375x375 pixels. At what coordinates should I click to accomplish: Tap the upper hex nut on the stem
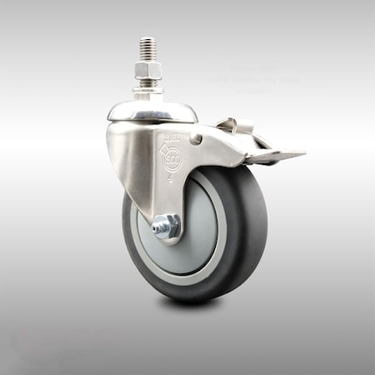(148, 66)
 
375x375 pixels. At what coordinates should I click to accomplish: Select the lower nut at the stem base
(148, 82)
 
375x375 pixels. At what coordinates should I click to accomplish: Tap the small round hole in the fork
(196, 140)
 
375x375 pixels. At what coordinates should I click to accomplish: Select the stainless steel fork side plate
(137, 167)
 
